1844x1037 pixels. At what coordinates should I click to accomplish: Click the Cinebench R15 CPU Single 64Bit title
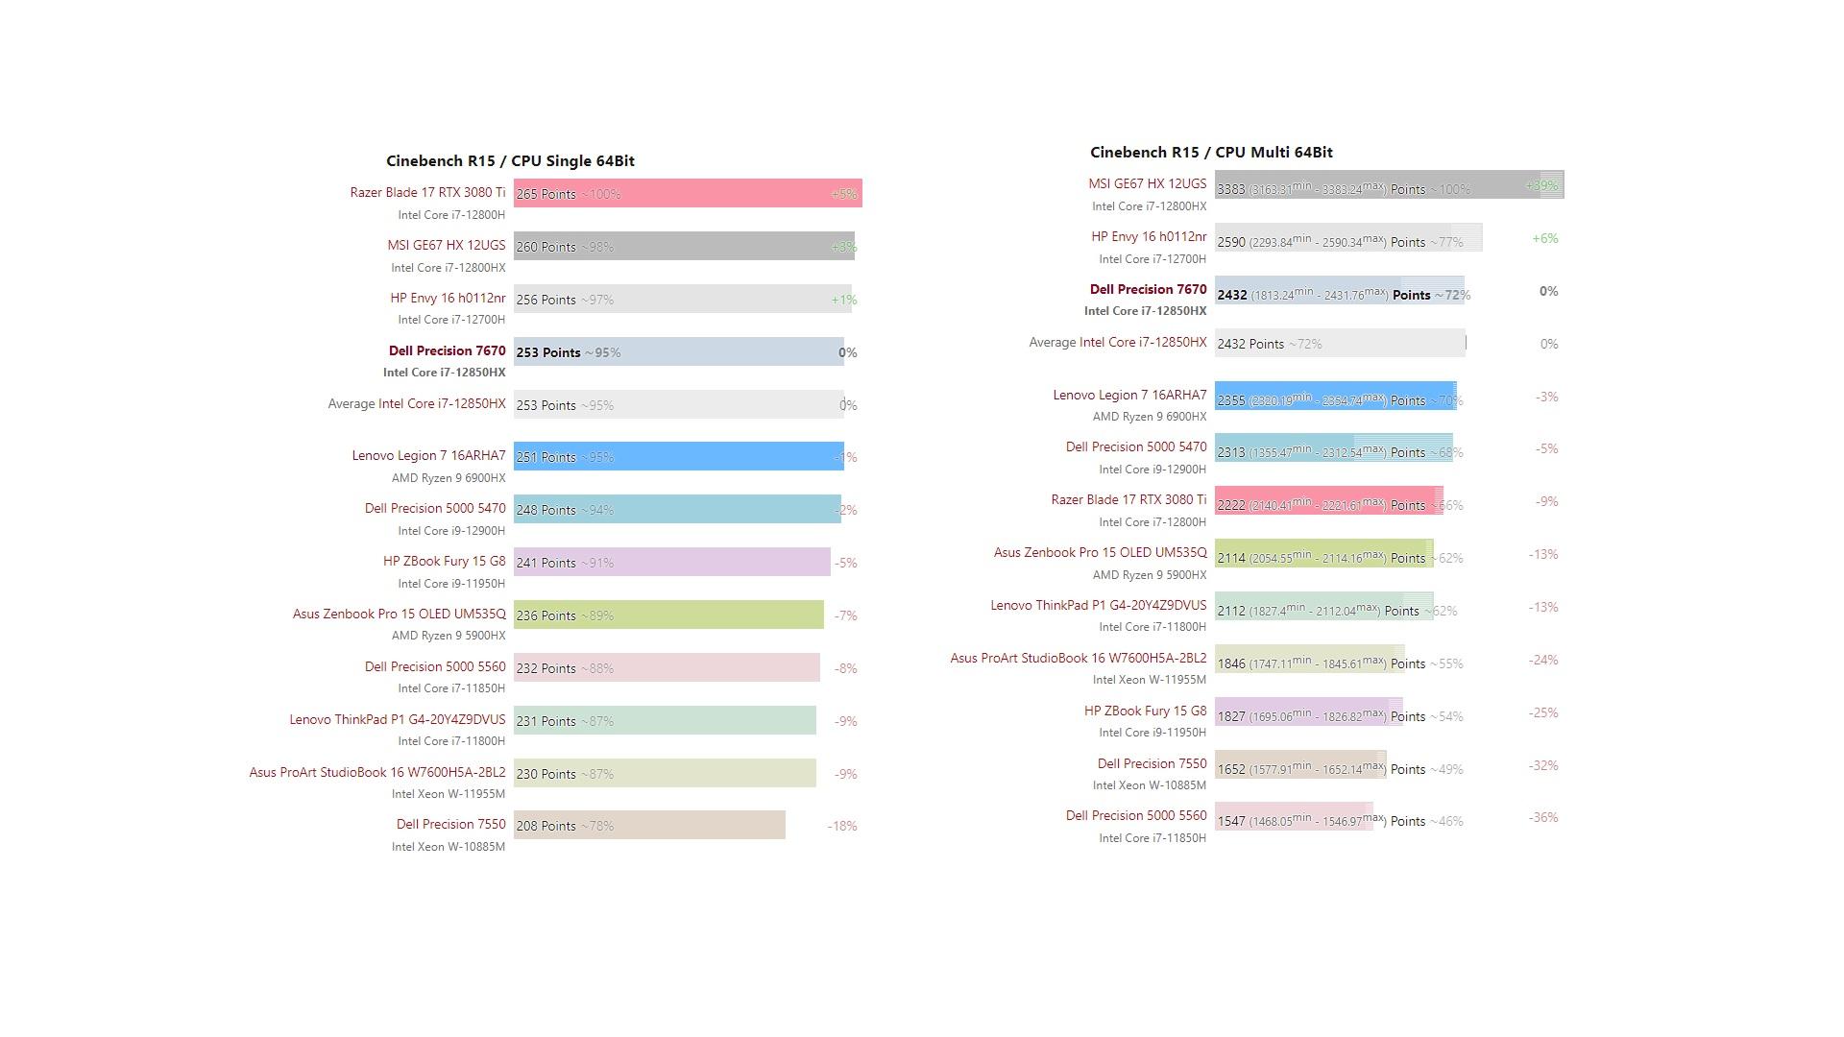click(x=510, y=161)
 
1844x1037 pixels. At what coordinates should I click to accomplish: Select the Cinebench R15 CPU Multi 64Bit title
click(x=1211, y=153)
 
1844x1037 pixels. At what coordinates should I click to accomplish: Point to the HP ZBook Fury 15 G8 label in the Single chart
click(x=444, y=561)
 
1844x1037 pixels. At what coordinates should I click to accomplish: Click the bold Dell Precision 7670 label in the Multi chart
click(x=1148, y=289)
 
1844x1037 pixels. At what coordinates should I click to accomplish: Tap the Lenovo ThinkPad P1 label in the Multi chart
click(x=1098, y=606)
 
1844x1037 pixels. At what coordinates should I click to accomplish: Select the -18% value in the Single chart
click(x=842, y=826)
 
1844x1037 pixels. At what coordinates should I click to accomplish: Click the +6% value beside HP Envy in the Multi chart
click(x=1545, y=238)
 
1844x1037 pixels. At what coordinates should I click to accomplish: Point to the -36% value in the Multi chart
click(x=1543, y=818)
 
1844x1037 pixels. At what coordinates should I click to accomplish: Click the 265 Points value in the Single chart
click(x=546, y=194)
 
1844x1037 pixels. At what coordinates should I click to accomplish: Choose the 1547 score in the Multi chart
click(x=1231, y=822)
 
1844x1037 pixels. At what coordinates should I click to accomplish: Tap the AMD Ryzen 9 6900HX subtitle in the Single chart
click(x=448, y=478)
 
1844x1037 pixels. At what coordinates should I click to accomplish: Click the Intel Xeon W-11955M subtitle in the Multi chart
click(x=1149, y=680)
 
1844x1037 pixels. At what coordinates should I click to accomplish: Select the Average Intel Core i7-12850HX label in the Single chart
click(x=416, y=404)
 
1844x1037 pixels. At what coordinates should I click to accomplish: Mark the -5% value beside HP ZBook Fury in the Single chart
click(x=845, y=563)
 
